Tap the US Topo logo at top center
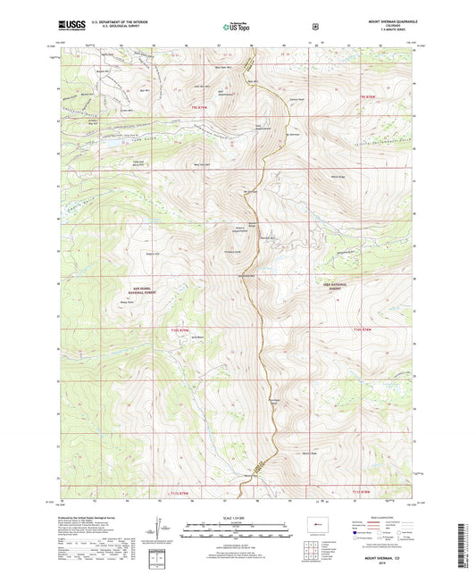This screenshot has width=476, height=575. click(x=237, y=27)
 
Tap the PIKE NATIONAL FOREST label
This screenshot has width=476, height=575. click(x=331, y=287)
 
